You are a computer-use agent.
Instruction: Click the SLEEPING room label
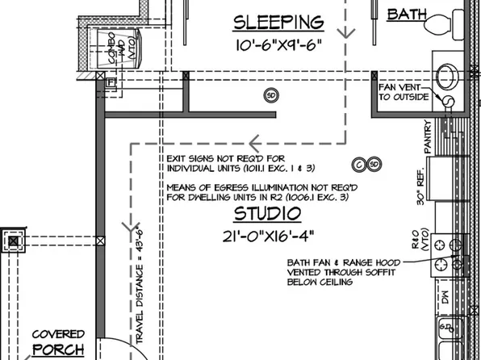tap(278, 22)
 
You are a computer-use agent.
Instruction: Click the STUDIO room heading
tap(267, 214)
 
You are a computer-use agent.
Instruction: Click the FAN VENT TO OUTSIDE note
tap(407, 91)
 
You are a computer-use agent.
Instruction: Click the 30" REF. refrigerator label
tap(421, 186)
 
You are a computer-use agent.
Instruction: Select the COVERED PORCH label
tap(56, 341)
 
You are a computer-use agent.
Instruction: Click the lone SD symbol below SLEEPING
tap(270, 96)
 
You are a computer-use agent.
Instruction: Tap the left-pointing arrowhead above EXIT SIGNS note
tap(254, 145)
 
